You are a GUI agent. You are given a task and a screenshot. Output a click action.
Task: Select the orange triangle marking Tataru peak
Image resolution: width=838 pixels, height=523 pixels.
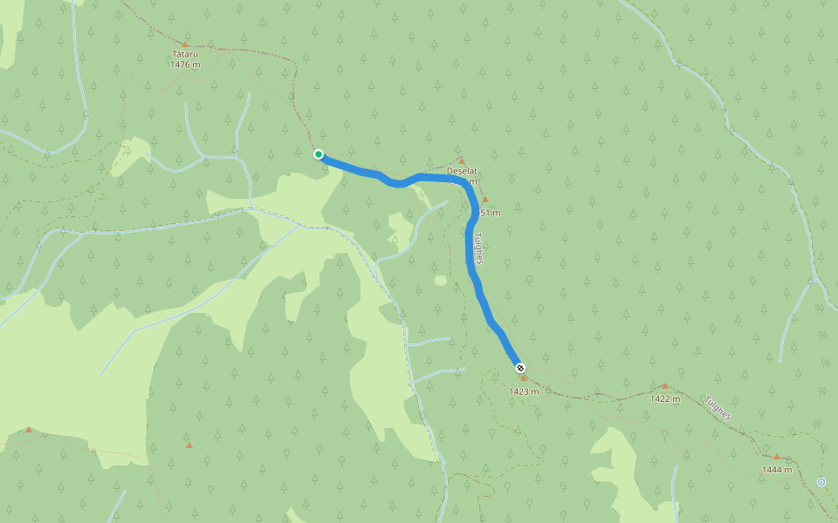185,44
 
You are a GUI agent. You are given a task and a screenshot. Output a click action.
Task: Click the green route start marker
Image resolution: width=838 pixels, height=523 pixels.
319,154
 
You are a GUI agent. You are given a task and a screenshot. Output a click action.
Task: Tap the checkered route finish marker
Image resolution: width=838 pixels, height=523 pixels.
520,368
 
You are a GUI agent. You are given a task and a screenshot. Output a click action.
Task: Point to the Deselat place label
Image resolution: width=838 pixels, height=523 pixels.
462,171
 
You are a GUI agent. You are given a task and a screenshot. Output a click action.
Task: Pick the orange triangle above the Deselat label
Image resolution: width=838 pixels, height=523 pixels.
462,161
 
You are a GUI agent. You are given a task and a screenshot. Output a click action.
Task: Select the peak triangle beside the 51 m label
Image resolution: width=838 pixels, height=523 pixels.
485,200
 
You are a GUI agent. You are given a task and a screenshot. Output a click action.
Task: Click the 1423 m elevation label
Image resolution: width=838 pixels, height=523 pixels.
524,391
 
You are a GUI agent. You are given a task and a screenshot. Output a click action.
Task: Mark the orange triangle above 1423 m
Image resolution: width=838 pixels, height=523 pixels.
524,378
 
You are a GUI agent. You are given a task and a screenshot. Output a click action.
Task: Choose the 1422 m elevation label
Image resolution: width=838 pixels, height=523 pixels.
665,398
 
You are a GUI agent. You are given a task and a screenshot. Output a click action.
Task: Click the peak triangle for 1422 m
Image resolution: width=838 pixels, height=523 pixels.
664,385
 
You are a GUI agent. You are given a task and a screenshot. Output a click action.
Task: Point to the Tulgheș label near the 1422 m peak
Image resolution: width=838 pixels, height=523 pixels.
718,407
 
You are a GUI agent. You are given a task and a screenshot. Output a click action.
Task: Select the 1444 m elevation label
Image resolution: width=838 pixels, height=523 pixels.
776,470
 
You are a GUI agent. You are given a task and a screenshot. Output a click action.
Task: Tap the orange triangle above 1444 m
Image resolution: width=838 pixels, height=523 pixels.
776,457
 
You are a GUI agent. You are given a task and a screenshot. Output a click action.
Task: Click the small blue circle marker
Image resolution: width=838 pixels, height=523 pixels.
821,482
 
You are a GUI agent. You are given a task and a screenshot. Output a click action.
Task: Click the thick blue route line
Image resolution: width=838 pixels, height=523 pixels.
472,261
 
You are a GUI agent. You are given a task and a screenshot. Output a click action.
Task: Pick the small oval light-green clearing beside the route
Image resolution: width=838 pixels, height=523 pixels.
441,281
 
